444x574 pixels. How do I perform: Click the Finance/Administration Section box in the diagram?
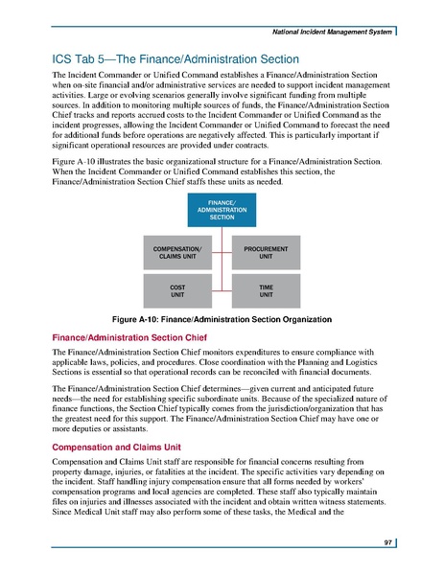click(222, 209)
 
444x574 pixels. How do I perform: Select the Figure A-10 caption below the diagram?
click(222, 317)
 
